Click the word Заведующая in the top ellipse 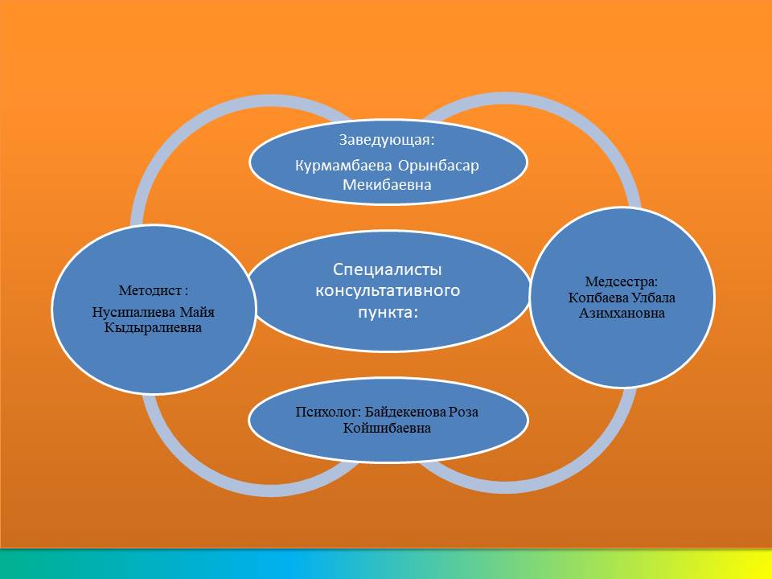point(385,140)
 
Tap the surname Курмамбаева point(343,166)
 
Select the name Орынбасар point(438,166)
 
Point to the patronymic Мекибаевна point(387,185)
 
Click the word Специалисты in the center point(387,270)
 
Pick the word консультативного point(388,290)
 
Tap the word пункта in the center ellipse point(385,313)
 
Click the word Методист point(150,290)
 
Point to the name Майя point(197,313)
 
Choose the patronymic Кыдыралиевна point(153,328)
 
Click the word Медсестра point(619,282)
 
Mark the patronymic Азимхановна point(622,313)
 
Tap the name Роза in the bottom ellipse point(463,412)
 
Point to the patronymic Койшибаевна point(387,428)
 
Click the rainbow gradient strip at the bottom point(386,565)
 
